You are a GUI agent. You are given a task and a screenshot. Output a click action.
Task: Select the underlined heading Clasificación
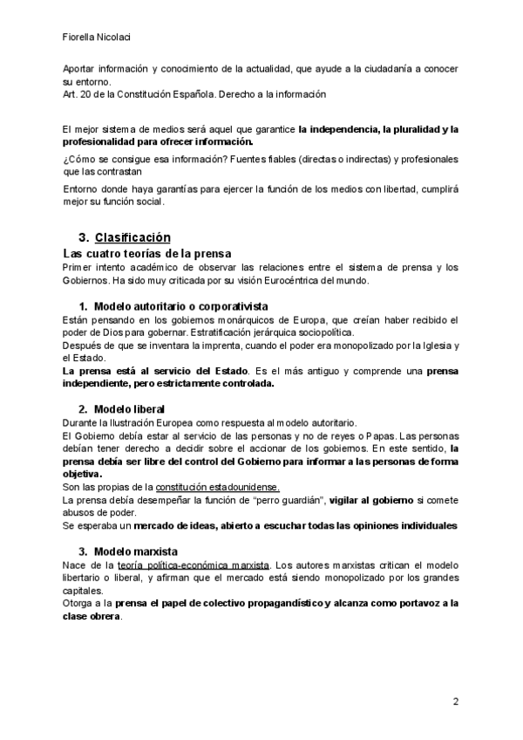132,237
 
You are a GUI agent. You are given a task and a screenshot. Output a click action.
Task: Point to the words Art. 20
77,93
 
